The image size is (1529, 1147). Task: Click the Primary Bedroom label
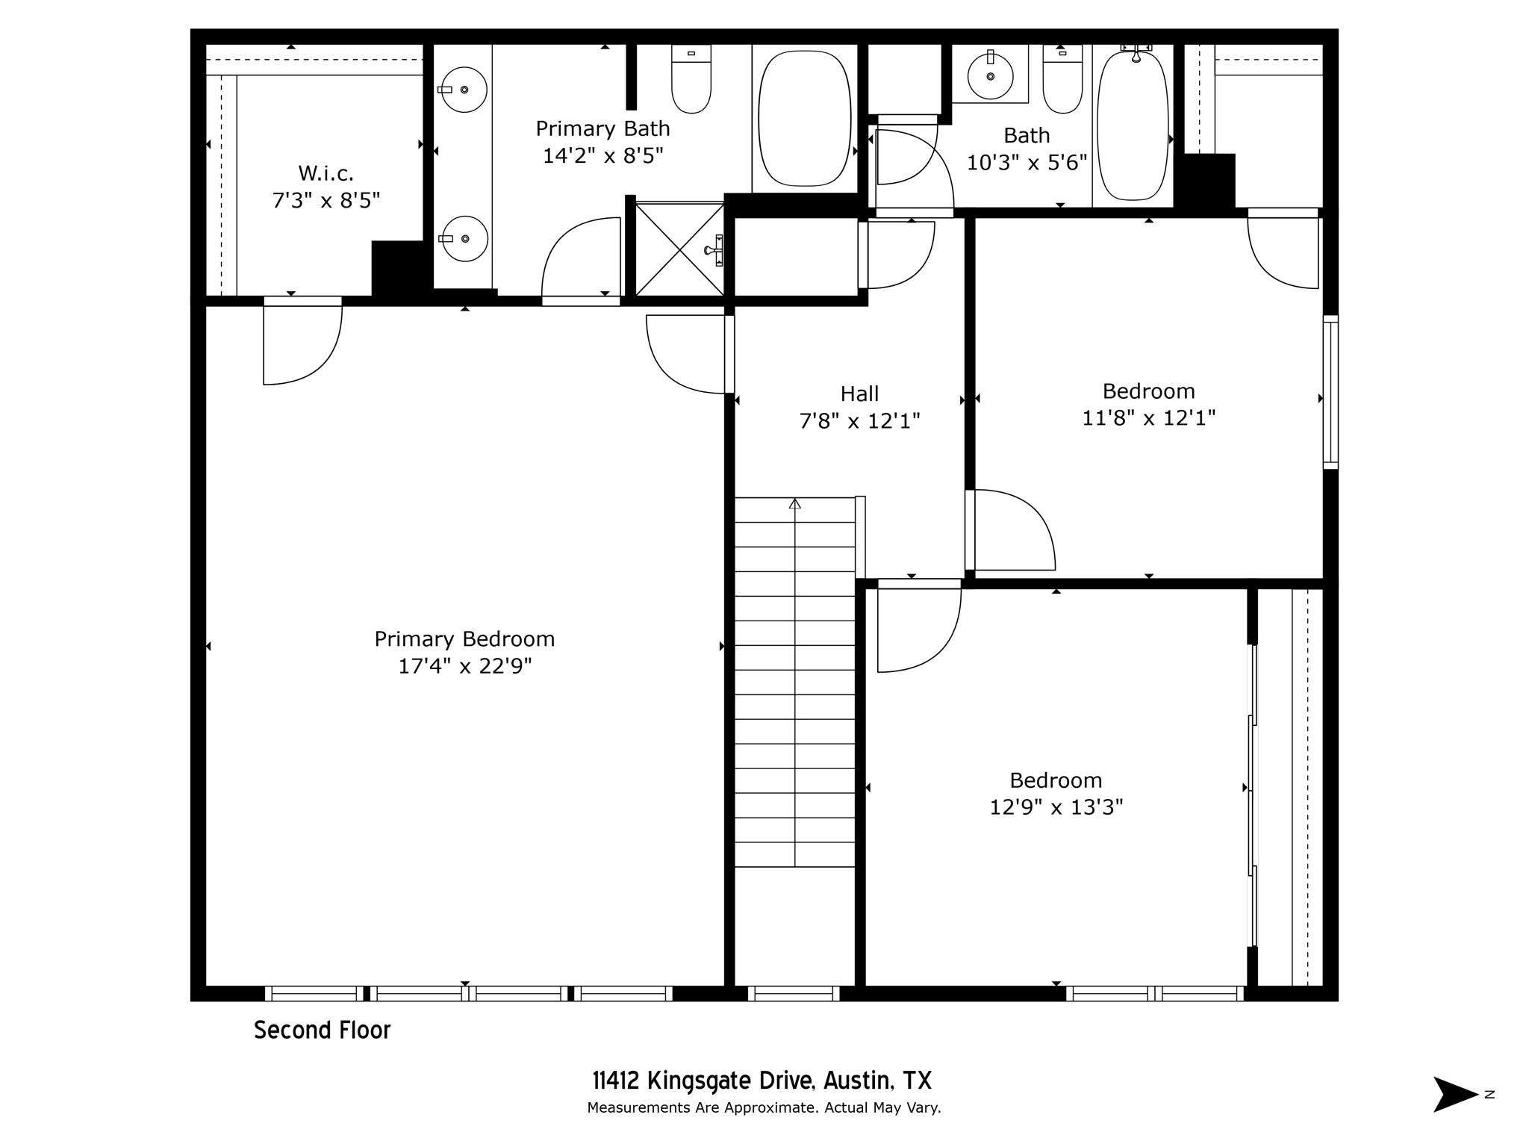point(464,639)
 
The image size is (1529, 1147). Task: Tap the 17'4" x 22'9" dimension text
point(464,666)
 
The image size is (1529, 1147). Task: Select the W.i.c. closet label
point(326,173)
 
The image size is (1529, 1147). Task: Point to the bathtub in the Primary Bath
point(804,118)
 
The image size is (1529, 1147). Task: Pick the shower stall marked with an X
point(679,249)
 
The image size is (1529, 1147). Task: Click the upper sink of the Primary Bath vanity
point(464,90)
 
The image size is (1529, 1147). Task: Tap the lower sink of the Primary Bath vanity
point(464,239)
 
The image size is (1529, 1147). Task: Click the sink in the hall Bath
point(990,75)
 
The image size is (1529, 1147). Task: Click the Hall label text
point(859,394)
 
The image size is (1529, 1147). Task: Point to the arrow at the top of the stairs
point(794,504)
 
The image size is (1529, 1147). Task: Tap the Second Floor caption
point(322,1031)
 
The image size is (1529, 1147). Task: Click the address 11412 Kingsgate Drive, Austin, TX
point(762,1081)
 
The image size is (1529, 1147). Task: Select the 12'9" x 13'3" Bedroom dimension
point(1056,807)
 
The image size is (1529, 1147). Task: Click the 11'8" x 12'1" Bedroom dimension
point(1148,418)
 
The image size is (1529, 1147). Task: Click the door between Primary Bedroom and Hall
point(687,354)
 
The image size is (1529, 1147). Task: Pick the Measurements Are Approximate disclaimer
point(763,1107)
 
